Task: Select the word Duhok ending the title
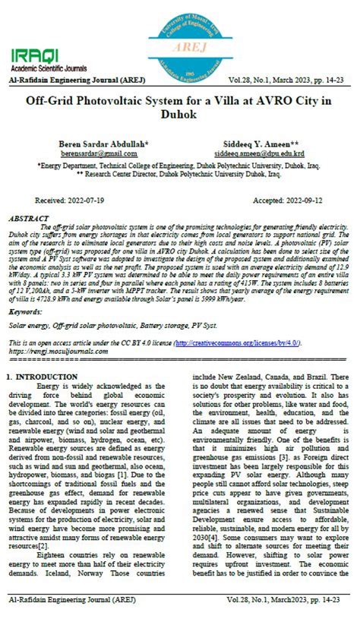click(179, 115)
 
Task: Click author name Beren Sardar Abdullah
click(103, 143)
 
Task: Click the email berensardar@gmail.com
click(90, 153)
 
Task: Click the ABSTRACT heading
click(29, 219)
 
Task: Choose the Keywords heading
click(26, 312)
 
